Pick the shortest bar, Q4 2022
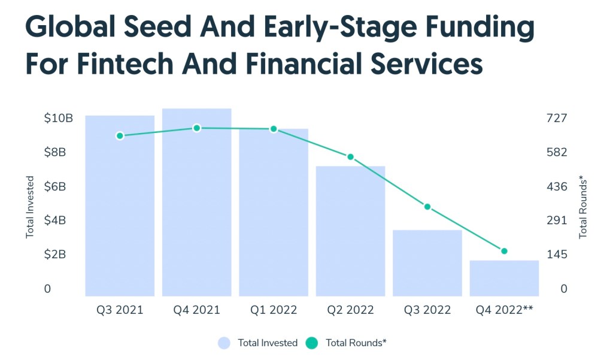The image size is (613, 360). pyautogui.click(x=504, y=278)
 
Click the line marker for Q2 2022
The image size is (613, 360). pyautogui.click(x=351, y=157)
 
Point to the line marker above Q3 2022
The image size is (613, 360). pyautogui.click(x=427, y=207)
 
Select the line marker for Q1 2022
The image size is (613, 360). pyautogui.click(x=274, y=129)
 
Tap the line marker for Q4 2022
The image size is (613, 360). pyautogui.click(x=504, y=251)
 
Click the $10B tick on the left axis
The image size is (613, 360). pyautogui.click(x=58, y=118)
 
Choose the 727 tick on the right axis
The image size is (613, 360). pyautogui.click(x=556, y=118)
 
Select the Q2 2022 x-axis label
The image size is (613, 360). pyautogui.click(x=351, y=310)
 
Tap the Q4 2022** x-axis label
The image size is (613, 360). pyautogui.click(x=504, y=310)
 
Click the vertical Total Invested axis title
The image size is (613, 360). pyautogui.click(x=30, y=207)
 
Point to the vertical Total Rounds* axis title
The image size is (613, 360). pyautogui.click(x=584, y=207)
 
